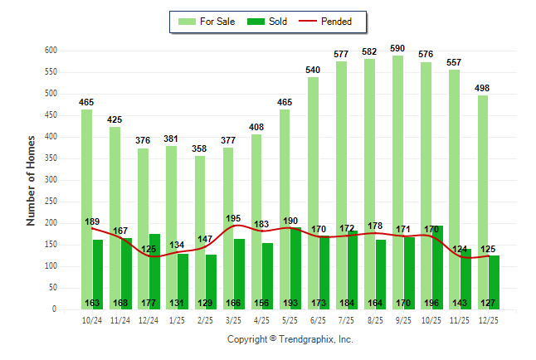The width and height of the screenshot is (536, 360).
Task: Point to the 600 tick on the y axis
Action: (x=51, y=51)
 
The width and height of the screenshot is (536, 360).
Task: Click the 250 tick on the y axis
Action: (x=51, y=202)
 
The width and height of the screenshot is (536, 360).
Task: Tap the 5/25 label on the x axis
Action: (x=290, y=320)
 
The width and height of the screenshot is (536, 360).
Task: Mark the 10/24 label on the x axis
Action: (x=92, y=320)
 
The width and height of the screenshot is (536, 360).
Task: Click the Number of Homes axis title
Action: (x=32, y=180)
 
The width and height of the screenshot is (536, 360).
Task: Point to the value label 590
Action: (x=398, y=49)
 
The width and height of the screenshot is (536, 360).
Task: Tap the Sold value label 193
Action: (x=295, y=303)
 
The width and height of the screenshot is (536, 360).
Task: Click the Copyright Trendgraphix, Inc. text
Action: (x=290, y=339)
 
